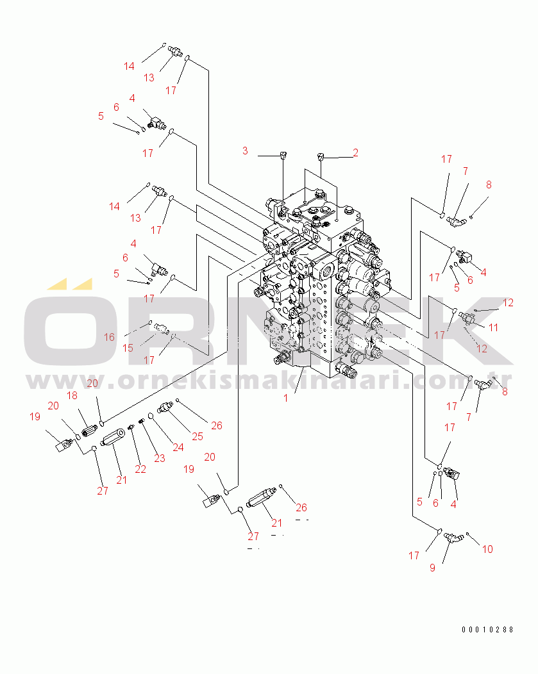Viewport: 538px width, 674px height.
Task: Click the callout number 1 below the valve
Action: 285,398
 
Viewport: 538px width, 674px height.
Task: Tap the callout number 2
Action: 356,152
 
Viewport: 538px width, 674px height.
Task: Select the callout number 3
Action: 245,151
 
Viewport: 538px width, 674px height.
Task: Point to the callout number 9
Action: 433,568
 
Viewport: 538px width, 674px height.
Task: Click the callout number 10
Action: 487,549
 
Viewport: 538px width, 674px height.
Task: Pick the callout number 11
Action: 493,327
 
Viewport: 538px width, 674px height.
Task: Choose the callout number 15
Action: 128,348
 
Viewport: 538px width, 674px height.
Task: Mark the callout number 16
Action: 109,337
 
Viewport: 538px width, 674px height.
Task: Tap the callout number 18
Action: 72,395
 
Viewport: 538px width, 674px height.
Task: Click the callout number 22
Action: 140,469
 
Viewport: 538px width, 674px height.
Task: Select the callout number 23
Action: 160,458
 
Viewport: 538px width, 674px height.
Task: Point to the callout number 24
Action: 178,447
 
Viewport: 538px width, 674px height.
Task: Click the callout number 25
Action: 198,437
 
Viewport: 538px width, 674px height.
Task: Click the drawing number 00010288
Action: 488,630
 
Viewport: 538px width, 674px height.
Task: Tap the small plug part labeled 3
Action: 283,155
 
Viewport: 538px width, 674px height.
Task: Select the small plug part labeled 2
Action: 321,156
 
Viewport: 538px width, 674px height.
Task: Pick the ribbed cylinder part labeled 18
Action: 89,430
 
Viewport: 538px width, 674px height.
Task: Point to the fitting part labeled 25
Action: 165,407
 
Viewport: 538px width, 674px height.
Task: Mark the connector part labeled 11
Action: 466,317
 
